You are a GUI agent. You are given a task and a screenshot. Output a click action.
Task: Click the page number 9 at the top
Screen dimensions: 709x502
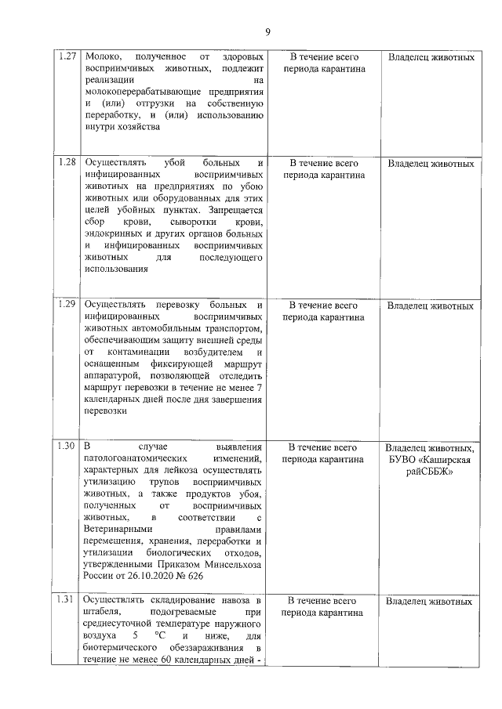pos(267,32)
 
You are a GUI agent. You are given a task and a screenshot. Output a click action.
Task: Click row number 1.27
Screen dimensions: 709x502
pos(67,57)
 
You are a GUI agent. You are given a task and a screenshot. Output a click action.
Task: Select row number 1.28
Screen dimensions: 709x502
pos(67,163)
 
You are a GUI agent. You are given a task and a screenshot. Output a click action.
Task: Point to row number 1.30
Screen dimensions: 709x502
pos(67,447)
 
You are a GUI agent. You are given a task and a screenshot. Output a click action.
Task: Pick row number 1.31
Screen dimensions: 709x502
pos(67,600)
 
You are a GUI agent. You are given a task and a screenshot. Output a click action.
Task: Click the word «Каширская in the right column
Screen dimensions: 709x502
pos(445,459)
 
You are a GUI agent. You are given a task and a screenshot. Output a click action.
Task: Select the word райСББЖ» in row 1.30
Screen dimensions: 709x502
pos(430,471)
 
